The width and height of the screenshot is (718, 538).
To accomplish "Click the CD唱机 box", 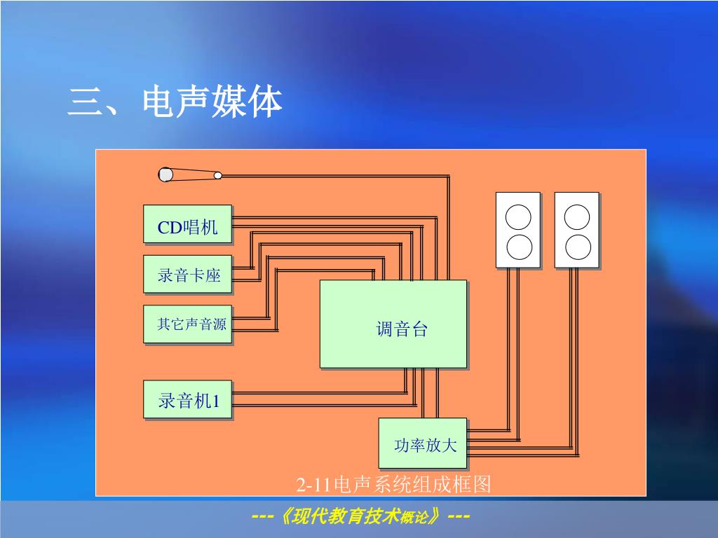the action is coord(187,224).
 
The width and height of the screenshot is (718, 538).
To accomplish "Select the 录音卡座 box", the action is coord(187,275).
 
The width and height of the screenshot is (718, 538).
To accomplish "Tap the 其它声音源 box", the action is coord(187,324).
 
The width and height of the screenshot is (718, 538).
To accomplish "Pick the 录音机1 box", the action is coord(187,400).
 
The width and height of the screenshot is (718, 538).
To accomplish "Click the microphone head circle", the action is coord(165,174).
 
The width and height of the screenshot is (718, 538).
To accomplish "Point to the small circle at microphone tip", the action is coord(218,175).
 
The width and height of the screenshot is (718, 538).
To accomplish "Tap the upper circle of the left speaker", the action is coord(518,217).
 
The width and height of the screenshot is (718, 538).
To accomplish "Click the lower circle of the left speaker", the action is coord(518,247).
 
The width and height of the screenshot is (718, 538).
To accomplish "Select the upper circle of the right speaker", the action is coord(577,217).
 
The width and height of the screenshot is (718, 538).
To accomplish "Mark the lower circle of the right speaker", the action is coord(577,247).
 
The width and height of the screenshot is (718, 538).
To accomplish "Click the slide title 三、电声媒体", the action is coord(175,102).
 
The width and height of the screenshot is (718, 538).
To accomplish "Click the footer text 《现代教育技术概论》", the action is coord(360,517).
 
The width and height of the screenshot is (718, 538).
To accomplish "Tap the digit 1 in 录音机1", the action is coord(216,401).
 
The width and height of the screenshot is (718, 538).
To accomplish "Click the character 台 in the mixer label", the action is coord(419,329).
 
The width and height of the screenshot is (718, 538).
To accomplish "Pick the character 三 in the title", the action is coord(83,103).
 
